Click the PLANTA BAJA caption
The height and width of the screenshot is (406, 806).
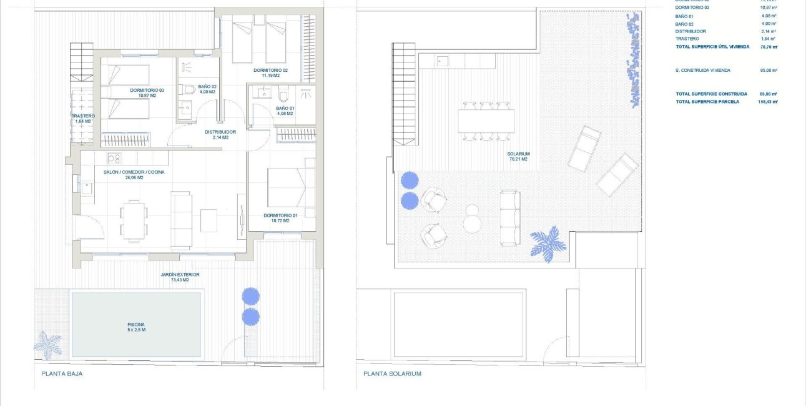coord(62,374)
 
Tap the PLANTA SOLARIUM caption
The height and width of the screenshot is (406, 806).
coord(392,374)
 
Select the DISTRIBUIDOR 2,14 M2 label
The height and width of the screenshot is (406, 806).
coord(220,134)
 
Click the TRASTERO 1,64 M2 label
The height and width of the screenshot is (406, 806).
coord(83,119)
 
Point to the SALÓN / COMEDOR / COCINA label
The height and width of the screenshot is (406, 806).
coord(134,175)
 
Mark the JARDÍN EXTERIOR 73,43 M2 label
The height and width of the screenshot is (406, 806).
coord(179,277)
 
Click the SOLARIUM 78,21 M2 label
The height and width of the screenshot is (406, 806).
coord(518,156)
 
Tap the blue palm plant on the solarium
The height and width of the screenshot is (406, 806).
coord(548,244)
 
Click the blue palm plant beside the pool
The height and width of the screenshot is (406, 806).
coord(48,343)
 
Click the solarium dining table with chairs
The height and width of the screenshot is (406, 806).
coord(486,121)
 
